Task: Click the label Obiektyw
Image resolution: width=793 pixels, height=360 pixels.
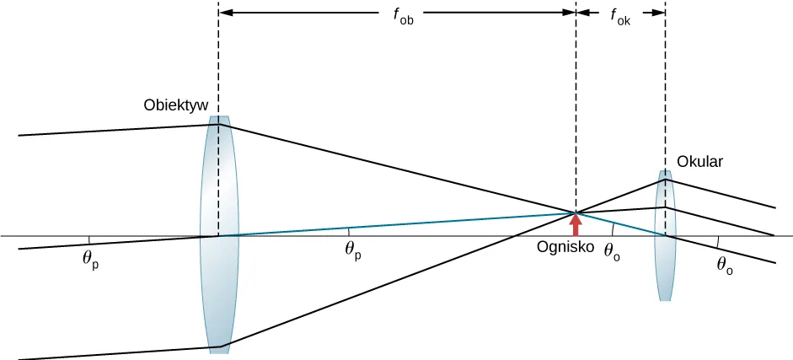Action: tap(175, 105)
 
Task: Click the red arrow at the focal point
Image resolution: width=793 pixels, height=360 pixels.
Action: tap(576, 224)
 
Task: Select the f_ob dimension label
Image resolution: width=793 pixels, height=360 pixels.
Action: tap(403, 15)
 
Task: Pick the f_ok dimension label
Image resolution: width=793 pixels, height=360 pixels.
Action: tap(620, 15)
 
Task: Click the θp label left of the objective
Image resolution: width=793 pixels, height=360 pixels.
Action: tap(91, 259)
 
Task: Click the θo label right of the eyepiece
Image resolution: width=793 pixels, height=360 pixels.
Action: tap(724, 263)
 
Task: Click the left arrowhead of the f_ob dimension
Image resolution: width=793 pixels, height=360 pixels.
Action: tap(224, 13)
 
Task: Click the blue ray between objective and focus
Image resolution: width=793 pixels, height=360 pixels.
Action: tap(396, 224)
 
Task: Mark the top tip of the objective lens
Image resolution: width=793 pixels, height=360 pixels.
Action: tap(219, 118)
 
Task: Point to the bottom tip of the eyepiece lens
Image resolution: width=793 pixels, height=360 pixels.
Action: tap(666, 299)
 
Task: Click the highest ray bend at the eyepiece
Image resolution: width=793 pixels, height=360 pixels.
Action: tap(666, 179)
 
